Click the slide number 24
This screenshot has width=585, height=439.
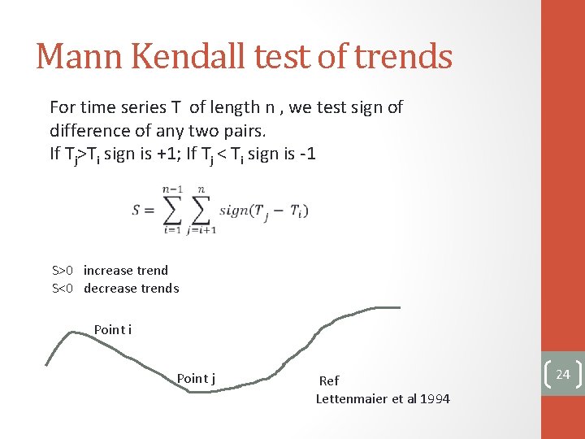[562, 374]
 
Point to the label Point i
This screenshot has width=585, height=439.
[113, 329]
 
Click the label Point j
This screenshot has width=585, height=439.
[196, 378]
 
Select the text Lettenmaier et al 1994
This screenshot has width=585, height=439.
[383, 398]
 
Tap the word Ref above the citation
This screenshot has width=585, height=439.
[329, 380]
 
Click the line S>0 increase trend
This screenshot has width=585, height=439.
[110, 270]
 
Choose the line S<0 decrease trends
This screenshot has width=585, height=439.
[115, 288]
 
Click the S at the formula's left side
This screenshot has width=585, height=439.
[137, 210]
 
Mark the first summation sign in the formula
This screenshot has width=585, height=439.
[171, 210]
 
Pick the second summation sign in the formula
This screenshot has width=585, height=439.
[202, 210]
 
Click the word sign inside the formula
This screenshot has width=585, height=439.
[235, 210]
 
